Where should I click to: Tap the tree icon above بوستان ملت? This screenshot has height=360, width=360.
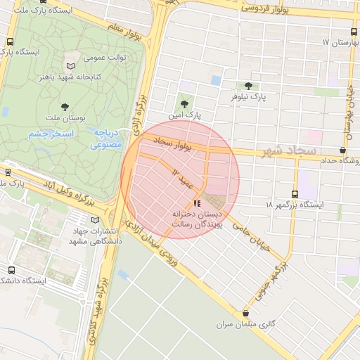tap(65, 107)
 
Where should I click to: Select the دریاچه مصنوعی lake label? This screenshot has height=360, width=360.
tap(106, 139)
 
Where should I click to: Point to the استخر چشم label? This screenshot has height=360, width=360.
tap(47, 134)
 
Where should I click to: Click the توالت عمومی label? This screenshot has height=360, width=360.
tap(105, 57)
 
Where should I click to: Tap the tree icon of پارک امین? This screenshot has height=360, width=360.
tap(186, 103)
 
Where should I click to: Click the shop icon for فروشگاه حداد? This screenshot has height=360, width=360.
tap(342, 150)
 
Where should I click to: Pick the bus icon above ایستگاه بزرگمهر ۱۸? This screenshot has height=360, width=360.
tap(295, 194)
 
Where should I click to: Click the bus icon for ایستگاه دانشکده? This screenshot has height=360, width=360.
tap(11, 270)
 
